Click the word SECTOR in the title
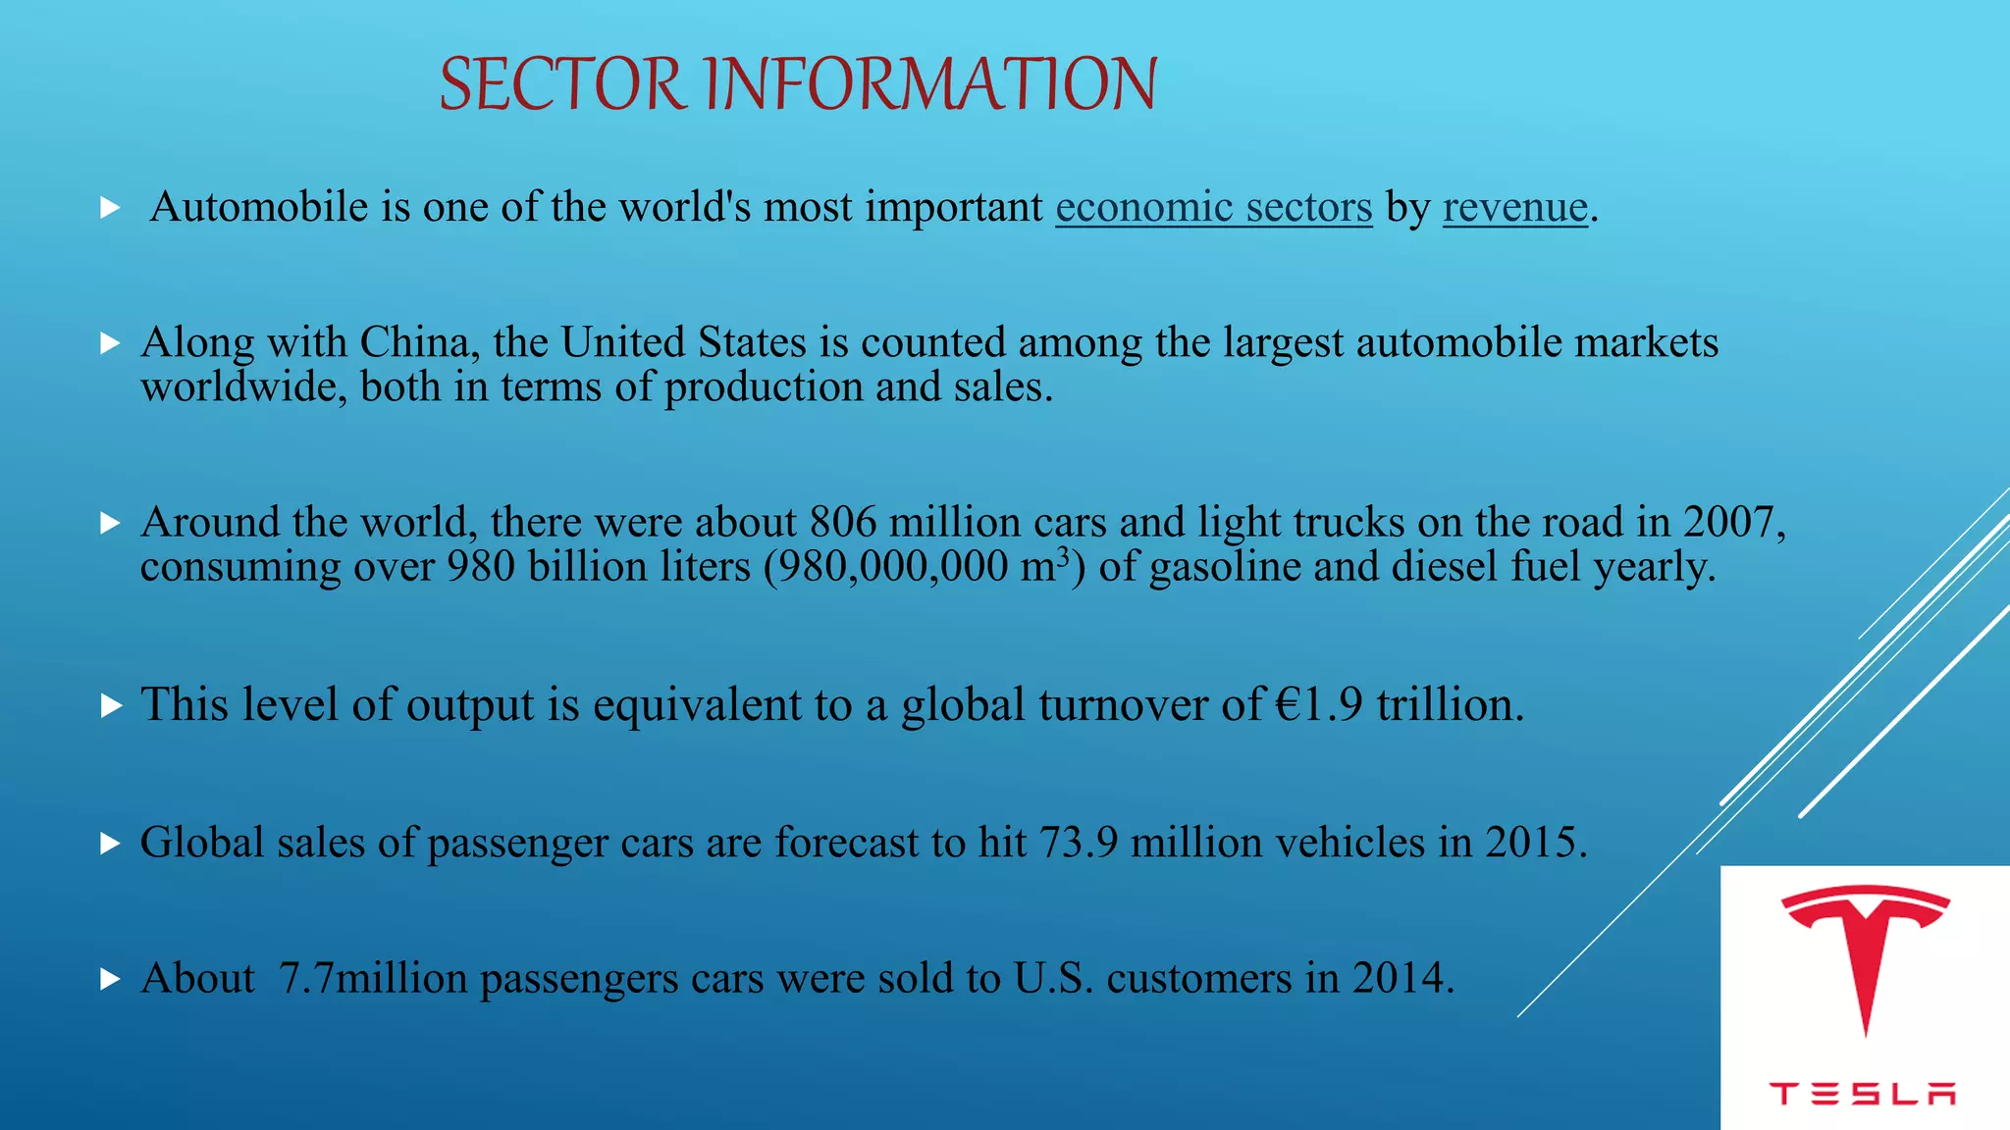click(560, 84)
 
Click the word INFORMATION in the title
click(931, 84)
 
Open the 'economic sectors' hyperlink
click(1213, 207)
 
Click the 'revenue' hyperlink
click(1514, 207)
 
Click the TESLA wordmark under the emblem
click(1863, 1094)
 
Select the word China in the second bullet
click(414, 342)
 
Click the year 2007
click(1728, 522)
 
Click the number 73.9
click(1078, 843)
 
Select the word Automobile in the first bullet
click(259, 207)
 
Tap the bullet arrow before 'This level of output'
click(111, 705)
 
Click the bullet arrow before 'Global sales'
click(111, 844)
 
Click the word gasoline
click(1224, 567)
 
